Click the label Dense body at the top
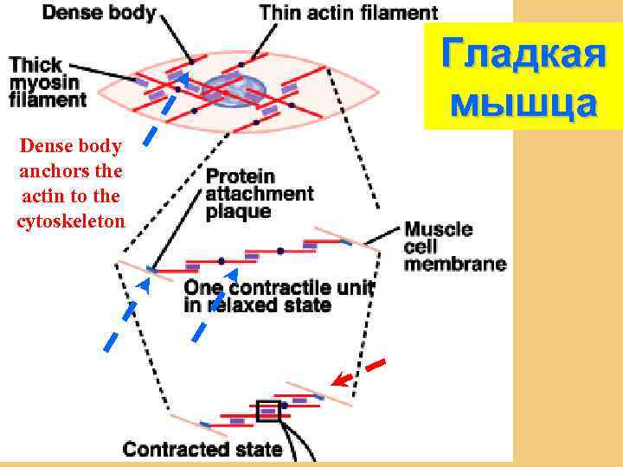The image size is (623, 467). pos(100,13)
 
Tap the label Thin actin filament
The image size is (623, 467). pos(348,13)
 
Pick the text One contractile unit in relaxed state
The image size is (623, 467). pos(278,296)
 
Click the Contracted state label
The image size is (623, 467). pos(202,449)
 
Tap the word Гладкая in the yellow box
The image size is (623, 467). pos(522,57)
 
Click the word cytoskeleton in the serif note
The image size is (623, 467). pos(71,221)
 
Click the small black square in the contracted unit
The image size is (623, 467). pos(268,410)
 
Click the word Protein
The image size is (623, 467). pos(240,176)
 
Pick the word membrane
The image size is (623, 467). pos(455,265)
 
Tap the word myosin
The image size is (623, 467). pos(44,82)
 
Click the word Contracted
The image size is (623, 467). pos(177,449)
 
